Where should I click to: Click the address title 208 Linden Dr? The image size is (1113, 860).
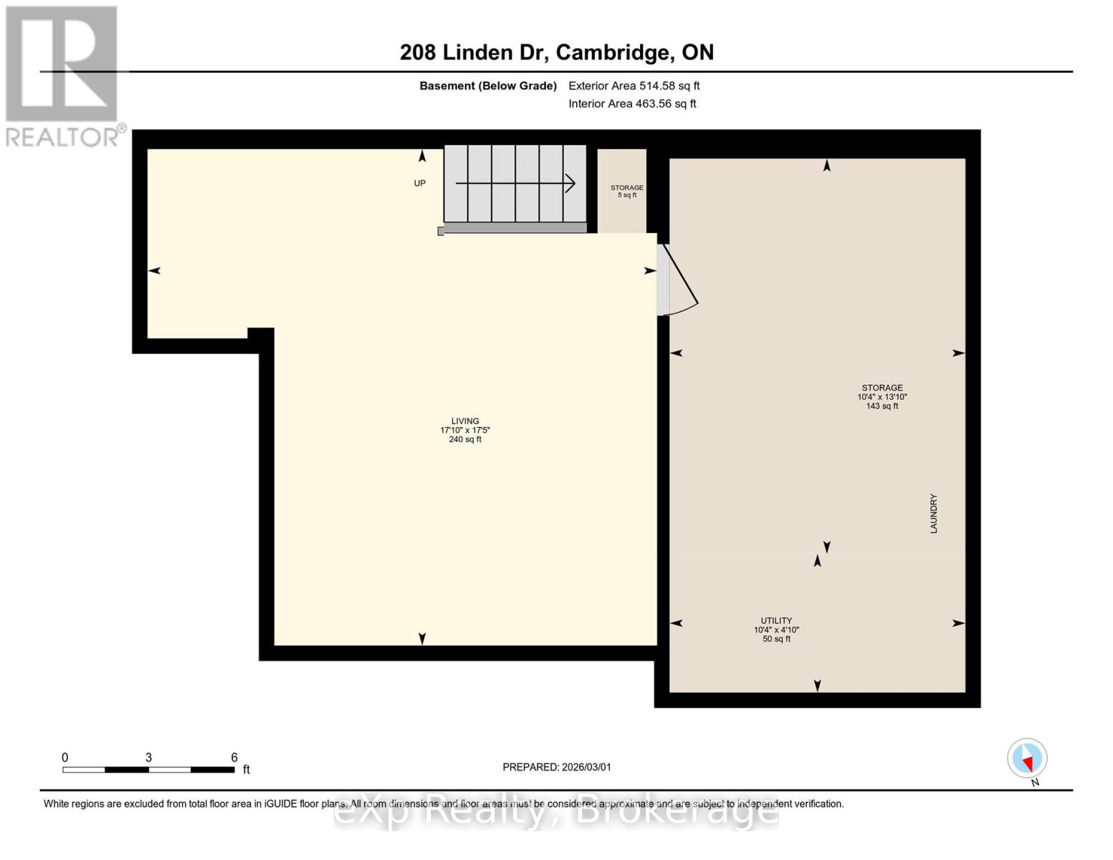pyautogui.click(x=556, y=52)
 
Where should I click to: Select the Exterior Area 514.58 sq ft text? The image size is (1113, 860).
pyautogui.click(x=634, y=86)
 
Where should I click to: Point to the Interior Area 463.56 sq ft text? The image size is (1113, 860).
pyautogui.click(x=632, y=104)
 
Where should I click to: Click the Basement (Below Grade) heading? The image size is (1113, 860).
pyautogui.click(x=487, y=86)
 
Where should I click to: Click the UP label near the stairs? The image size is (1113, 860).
pyautogui.click(x=420, y=183)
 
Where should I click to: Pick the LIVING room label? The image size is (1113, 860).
pyautogui.click(x=465, y=421)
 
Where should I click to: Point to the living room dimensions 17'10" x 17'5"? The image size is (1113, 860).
pyautogui.click(x=465, y=431)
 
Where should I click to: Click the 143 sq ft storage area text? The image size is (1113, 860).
pyautogui.click(x=882, y=406)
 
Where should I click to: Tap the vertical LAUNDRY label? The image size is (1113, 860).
pyautogui.click(x=934, y=513)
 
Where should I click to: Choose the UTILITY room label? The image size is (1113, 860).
pyautogui.click(x=776, y=621)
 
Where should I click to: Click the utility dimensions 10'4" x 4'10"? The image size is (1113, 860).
pyautogui.click(x=776, y=630)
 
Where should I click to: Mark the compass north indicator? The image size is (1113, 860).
pyautogui.click(x=1028, y=759)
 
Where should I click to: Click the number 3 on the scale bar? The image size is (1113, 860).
pyautogui.click(x=148, y=758)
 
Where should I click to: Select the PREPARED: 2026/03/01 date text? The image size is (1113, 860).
pyautogui.click(x=557, y=768)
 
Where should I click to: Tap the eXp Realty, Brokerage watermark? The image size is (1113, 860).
pyautogui.click(x=556, y=812)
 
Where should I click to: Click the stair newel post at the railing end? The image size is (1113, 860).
pyautogui.click(x=441, y=231)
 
